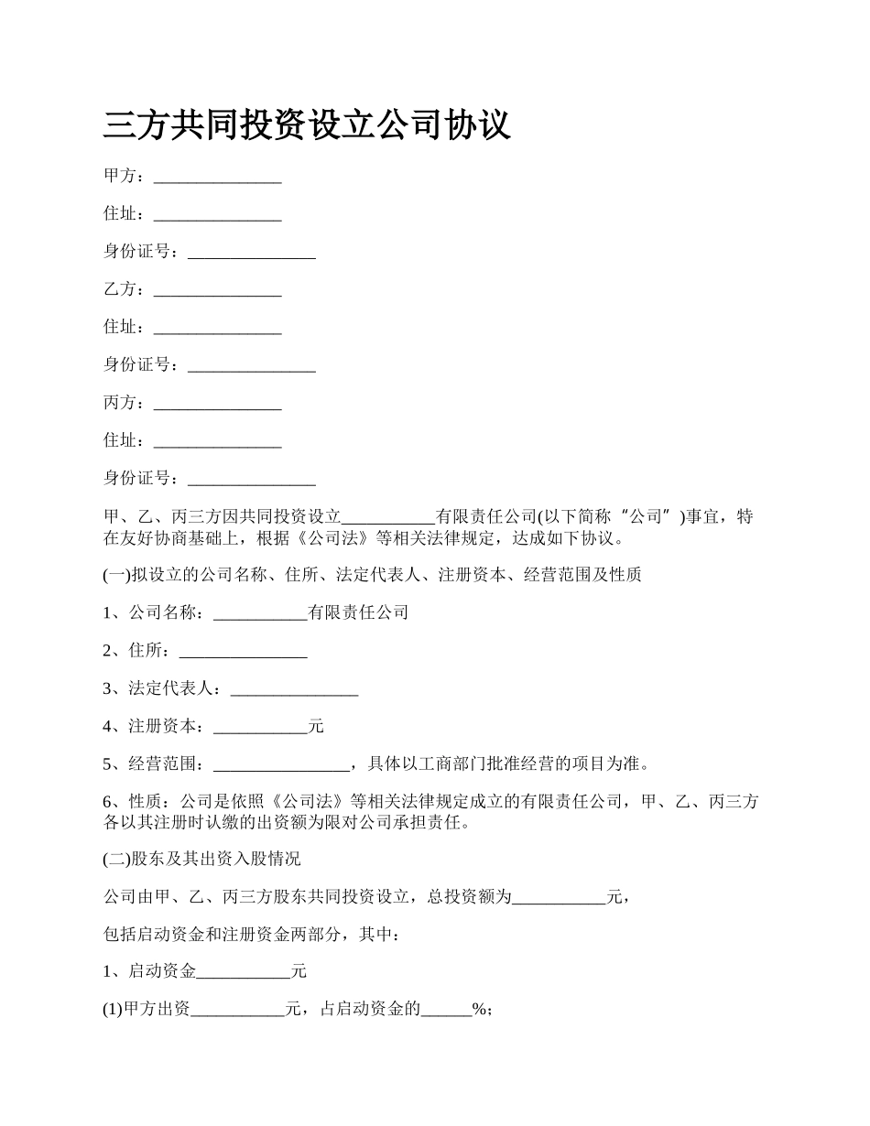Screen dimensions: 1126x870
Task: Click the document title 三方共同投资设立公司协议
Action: [307, 125]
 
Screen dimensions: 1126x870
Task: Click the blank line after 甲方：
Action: [217, 178]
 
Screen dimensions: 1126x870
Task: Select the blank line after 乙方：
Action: [217, 291]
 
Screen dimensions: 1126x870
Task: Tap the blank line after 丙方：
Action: [217, 405]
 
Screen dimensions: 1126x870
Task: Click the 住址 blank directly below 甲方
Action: [217, 215]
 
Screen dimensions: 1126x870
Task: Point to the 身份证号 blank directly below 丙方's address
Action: [251, 480]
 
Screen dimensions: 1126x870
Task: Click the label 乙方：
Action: [125, 289]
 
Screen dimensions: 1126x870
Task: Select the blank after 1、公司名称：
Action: [260, 615]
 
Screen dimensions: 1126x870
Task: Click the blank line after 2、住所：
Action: [243, 653]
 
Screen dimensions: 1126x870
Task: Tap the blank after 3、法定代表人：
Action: [294, 690]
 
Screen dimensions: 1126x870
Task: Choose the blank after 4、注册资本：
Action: [260, 729]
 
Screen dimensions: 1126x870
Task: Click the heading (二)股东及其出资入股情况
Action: [201, 860]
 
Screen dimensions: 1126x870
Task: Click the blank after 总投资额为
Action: [559, 900]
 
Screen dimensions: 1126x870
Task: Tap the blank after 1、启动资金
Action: [244, 974]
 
